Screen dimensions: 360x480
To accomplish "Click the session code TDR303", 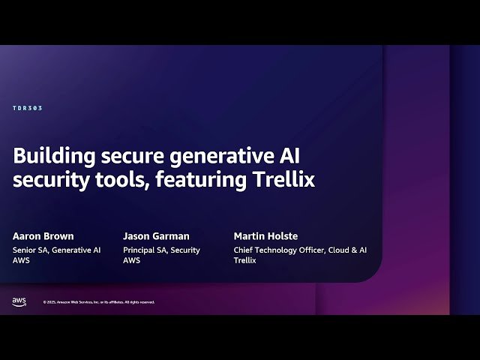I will pyautogui.click(x=28, y=108).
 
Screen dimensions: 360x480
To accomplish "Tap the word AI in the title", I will pyautogui.click(x=289, y=156).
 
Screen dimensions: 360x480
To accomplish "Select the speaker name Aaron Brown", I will pyautogui.click(x=43, y=236).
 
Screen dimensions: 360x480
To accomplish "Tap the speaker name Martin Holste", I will pyautogui.click(x=265, y=236).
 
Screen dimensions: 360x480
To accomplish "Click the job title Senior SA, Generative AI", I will pyautogui.click(x=57, y=250).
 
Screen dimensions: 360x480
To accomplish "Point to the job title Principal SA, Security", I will pyautogui.click(x=162, y=250).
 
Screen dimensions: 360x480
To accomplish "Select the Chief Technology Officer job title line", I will pyautogui.click(x=300, y=250).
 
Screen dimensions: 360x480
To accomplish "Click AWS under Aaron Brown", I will pyautogui.click(x=21, y=261).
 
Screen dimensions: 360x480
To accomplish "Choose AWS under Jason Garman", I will pyautogui.click(x=131, y=261).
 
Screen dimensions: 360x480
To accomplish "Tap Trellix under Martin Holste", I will pyautogui.click(x=244, y=261).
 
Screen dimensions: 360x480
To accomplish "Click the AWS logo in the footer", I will pyautogui.click(x=19, y=301).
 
